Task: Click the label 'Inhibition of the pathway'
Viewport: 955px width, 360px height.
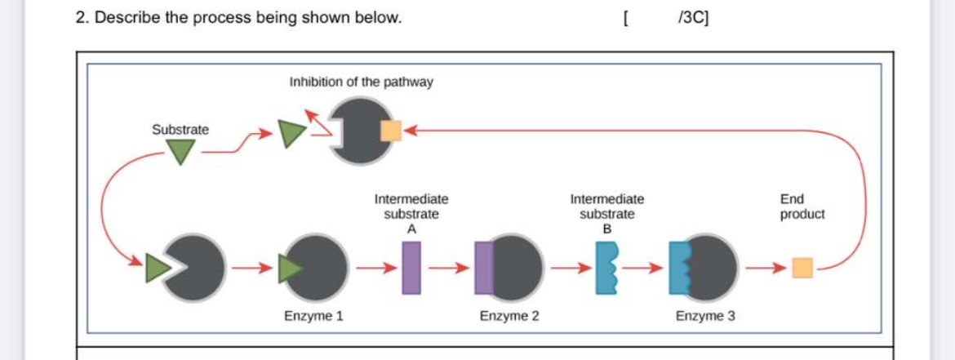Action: point(361,82)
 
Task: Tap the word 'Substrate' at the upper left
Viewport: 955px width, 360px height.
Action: point(180,130)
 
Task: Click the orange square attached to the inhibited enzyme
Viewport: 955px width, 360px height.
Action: point(390,130)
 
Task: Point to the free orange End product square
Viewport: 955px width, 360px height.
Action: point(803,267)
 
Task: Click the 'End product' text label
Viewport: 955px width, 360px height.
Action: point(802,207)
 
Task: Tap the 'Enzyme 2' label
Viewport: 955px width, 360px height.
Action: point(509,316)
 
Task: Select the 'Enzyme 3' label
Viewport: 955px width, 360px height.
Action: point(705,316)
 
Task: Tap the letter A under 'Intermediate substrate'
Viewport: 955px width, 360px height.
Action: point(411,229)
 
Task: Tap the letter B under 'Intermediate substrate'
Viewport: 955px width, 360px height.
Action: point(606,229)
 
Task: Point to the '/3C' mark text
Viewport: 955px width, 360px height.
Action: point(693,17)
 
